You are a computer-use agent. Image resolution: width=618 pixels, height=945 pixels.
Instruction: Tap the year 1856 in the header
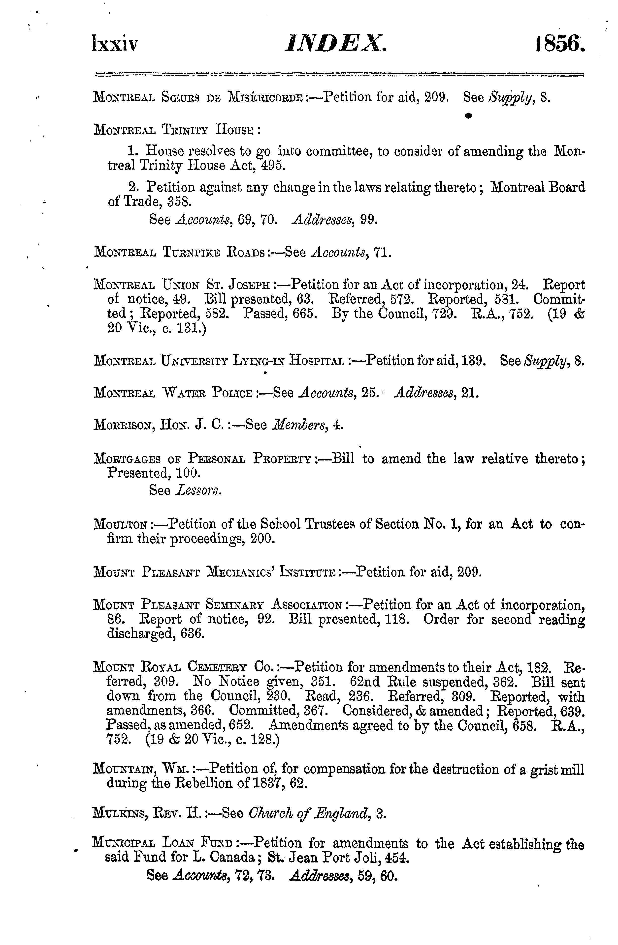tap(560, 43)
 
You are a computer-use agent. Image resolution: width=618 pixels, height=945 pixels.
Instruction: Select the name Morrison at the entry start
tap(124, 425)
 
